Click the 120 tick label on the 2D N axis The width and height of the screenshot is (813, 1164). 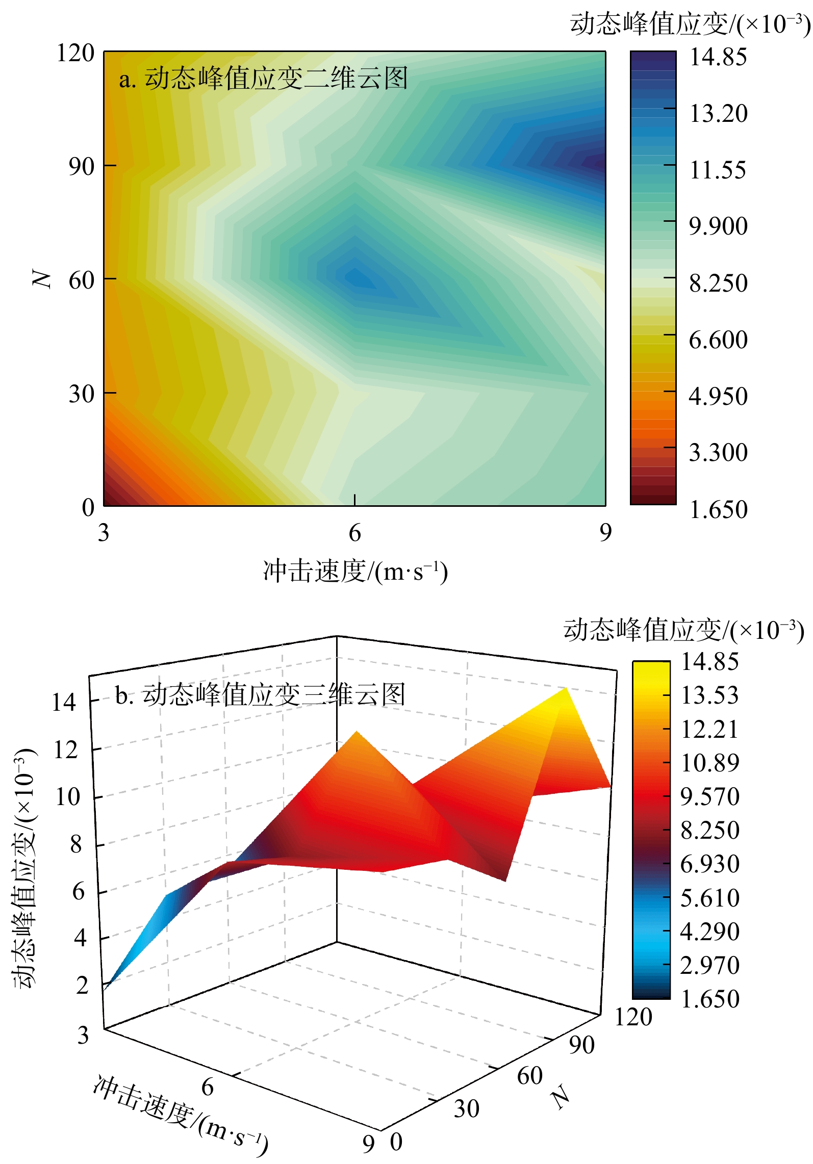[x=75, y=53]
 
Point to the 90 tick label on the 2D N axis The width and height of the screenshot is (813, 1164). [x=81, y=166]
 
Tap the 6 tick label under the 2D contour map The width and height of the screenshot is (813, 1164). [x=354, y=533]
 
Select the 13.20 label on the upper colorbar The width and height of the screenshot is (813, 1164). [x=718, y=113]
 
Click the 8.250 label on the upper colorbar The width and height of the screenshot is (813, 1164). [x=718, y=283]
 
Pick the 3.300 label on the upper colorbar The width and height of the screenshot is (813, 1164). [x=718, y=452]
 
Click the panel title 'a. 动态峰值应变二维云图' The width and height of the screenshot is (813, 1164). [x=263, y=79]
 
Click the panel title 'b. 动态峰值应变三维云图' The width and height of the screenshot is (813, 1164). [x=260, y=694]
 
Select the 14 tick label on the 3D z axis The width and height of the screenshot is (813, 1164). [x=64, y=703]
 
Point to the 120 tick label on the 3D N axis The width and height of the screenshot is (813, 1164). [x=633, y=1017]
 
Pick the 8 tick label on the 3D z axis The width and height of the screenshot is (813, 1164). [x=75, y=844]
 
